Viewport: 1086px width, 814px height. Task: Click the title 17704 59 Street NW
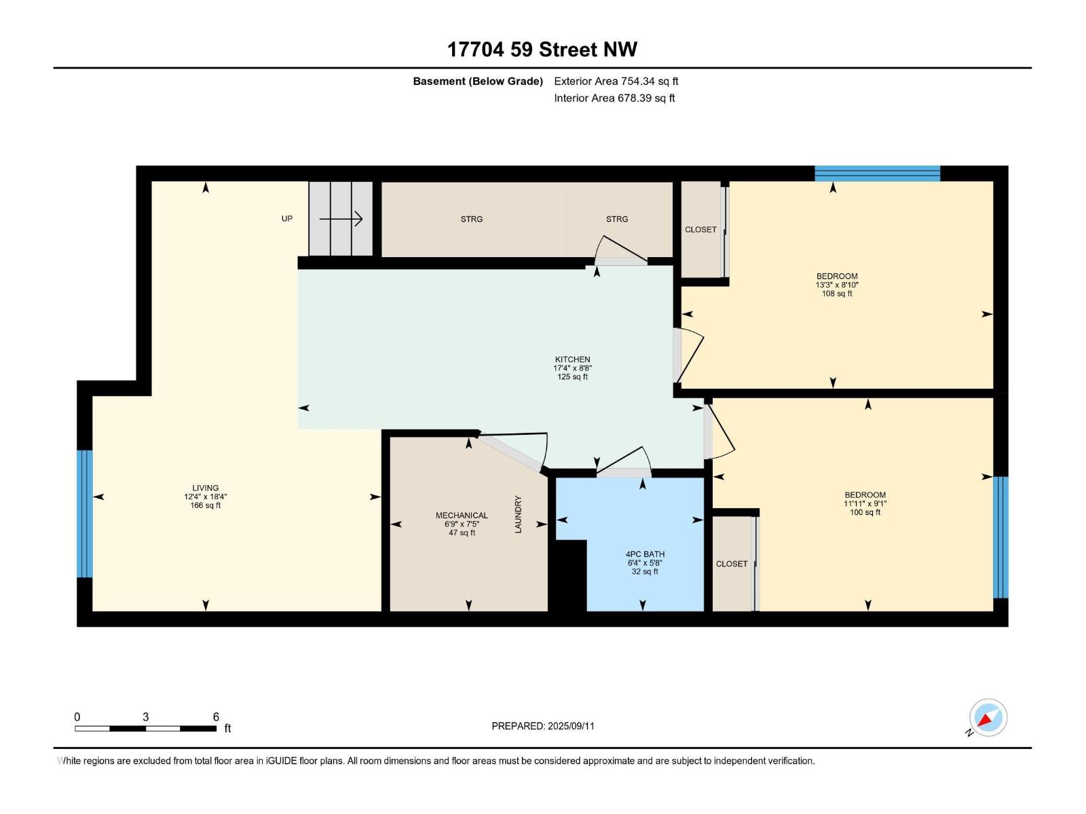[542, 50]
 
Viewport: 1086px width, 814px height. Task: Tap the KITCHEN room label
[572, 360]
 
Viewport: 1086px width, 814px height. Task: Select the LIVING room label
[206, 488]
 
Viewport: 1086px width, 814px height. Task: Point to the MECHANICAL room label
[462, 516]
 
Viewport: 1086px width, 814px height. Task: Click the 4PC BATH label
[645, 554]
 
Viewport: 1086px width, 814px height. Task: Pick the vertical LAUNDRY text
[518, 514]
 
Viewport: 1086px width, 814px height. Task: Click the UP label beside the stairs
[287, 218]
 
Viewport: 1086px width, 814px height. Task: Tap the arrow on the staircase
[341, 218]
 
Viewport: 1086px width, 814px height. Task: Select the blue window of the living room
[85, 513]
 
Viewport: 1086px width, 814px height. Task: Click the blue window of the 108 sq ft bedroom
[877, 174]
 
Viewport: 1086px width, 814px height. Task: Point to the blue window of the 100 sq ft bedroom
[1001, 537]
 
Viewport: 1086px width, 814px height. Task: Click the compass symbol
[988, 717]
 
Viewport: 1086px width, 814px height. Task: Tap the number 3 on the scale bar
[145, 716]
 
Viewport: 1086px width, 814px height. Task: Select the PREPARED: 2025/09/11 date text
[543, 726]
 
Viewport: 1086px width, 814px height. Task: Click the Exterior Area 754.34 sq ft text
[616, 81]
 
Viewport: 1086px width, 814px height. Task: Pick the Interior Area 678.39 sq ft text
[614, 98]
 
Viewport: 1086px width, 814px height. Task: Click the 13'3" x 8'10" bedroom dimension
[837, 285]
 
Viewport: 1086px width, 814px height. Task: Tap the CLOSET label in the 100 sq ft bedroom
[731, 564]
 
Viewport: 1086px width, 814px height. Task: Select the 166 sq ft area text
[206, 505]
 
